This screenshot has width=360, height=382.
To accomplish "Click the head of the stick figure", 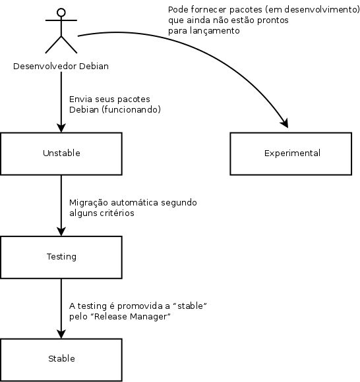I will click(x=61, y=12).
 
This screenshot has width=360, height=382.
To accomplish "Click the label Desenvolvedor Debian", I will click(x=61, y=67).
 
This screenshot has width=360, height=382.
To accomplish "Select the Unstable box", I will click(x=61, y=153).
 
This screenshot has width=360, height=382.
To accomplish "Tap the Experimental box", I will click(x=292, y=153).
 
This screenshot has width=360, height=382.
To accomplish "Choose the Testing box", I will click(x=61, y=256).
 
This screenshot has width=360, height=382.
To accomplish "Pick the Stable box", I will click(x=61, y=359).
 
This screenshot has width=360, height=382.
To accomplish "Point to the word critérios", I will click(x=118, y=213).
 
